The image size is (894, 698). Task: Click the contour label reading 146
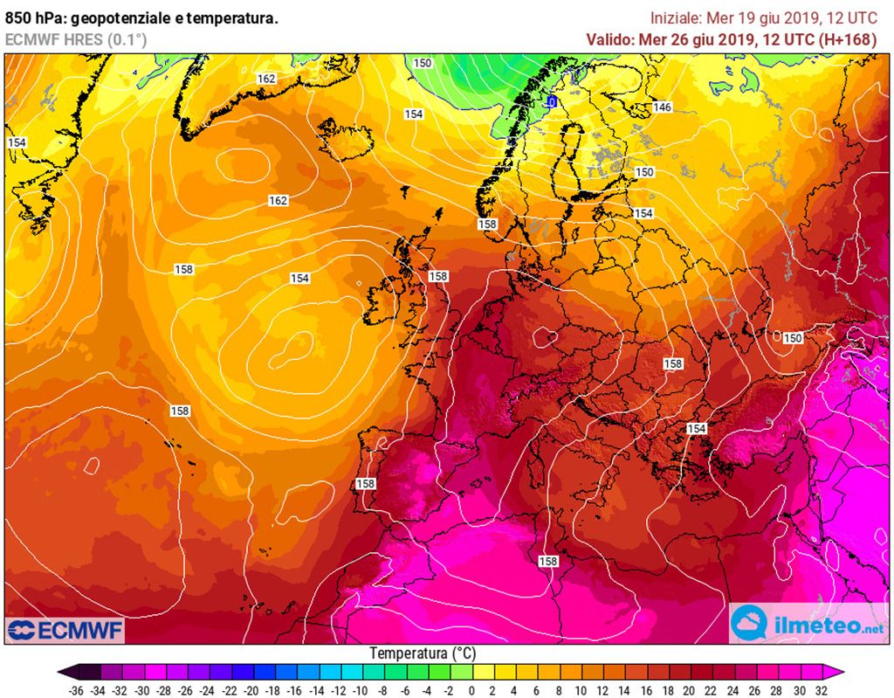pyautogui.click(x=663, y=107)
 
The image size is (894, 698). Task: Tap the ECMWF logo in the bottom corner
pyautogui.click(x=65, y=630)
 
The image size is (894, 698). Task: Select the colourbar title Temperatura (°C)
pyautogui.click(x=422, y=653)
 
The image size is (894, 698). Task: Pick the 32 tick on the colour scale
pyautogui.click(x=820, y=689)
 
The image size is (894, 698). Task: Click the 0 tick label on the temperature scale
pyautogui.click(x=471, y=689)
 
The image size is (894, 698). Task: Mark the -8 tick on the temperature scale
pyautogui.click(x=382, y=689)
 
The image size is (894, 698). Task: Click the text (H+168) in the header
pyautogui.click(x=847, y=39)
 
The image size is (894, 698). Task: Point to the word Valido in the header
pyautogui.click(x=609, y=39)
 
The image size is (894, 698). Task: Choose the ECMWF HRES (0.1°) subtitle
pyautogui.click(x=76, y=39)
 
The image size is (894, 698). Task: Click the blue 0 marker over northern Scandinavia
pyautogui.click(x=552, y=102)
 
